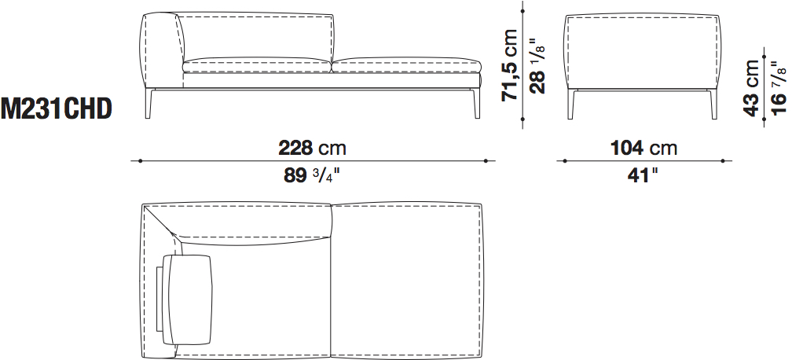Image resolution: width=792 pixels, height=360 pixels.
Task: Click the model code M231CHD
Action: click(x=56, y=110)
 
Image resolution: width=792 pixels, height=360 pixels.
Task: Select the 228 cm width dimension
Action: click(x=312, y=148)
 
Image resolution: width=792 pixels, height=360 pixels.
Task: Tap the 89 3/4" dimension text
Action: click(x=312, y=175)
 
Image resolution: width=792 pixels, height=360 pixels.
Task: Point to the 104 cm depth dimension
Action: click(x=643, y=148)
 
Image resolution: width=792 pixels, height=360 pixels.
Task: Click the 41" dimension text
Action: click(x=643, y=175)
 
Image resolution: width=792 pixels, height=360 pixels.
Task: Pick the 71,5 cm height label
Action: click(x=509, y=64)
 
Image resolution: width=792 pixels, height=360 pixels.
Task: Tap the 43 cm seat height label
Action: click(x=751, y=88)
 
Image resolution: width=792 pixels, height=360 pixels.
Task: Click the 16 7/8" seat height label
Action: click(x=779, y=88)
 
